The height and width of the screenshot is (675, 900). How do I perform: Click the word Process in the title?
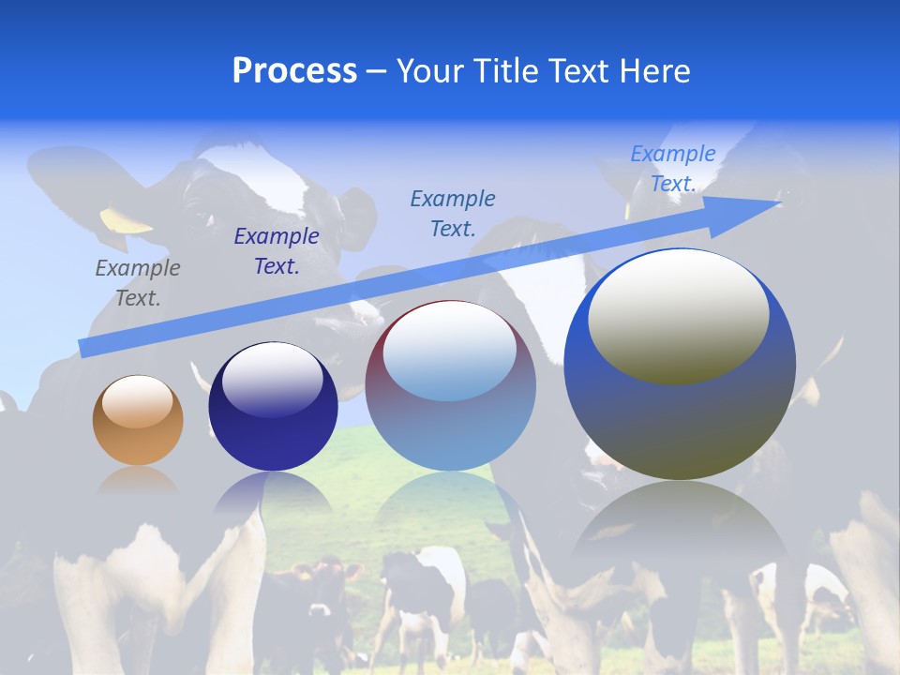coord(294,71)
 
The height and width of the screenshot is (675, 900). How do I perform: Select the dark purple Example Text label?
coord(277,251)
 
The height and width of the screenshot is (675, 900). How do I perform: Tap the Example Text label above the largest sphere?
coord(673,169)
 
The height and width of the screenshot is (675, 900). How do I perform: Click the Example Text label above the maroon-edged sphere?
coord(453,213)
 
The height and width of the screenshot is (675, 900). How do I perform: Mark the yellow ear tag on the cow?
coord(126,220)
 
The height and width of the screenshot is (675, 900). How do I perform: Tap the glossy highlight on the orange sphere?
coord(137,401)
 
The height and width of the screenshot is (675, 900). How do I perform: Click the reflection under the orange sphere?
coord(138,479)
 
